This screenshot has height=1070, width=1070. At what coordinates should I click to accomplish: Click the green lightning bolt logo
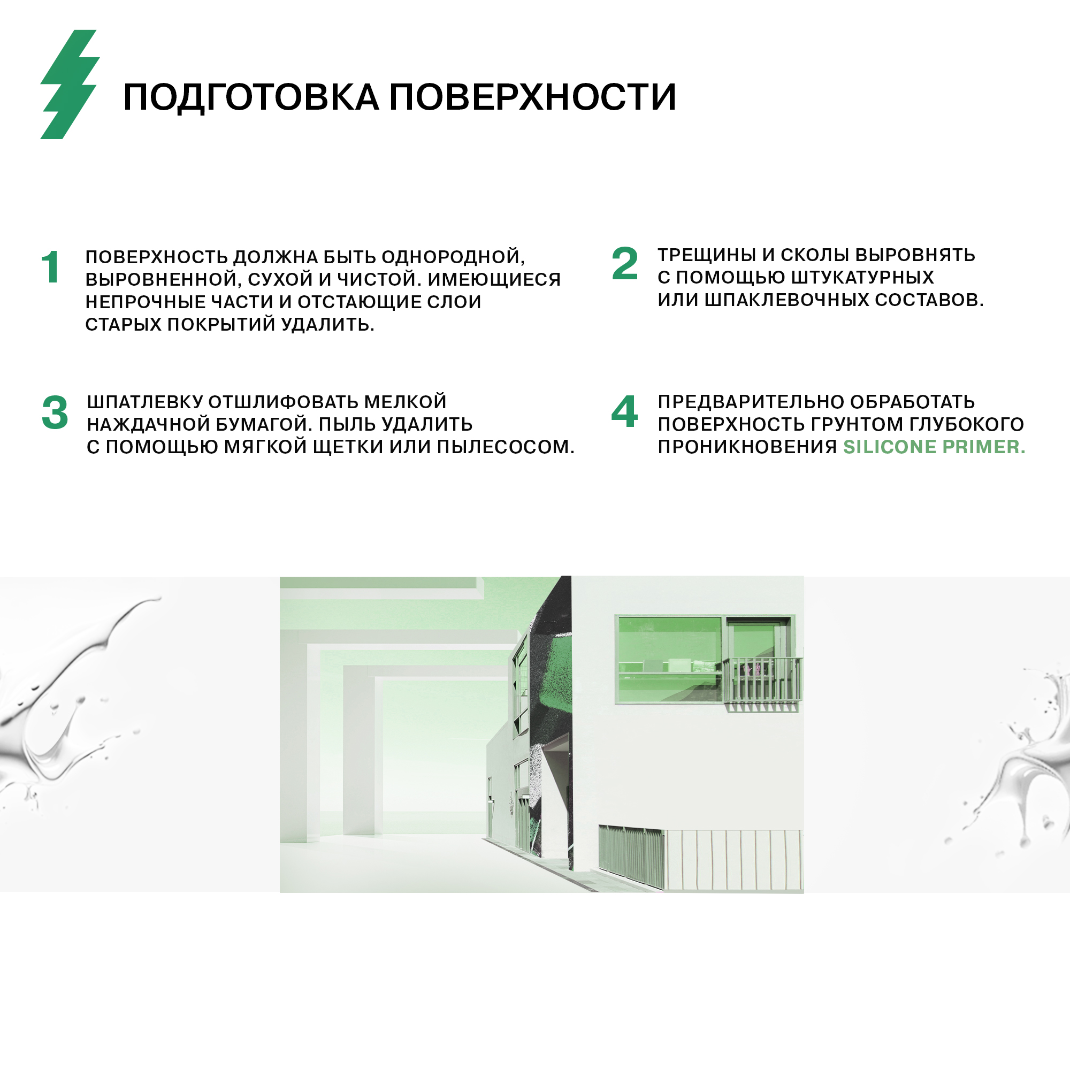coord(70,84)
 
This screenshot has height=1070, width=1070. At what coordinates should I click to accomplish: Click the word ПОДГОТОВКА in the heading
coord(251,97)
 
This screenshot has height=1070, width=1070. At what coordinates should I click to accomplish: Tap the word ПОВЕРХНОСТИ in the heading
coord(532,97)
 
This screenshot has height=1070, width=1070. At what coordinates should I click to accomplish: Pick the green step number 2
coord(625,263)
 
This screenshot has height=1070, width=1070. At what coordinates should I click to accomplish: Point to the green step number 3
coord(55,412)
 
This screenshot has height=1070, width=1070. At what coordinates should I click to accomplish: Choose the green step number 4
coord(624,411)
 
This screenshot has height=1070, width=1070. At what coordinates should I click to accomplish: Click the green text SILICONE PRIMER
coord(934,447)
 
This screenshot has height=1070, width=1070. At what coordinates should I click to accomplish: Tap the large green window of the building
coord(670,659)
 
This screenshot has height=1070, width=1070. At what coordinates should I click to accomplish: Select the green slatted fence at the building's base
coord(631,855)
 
